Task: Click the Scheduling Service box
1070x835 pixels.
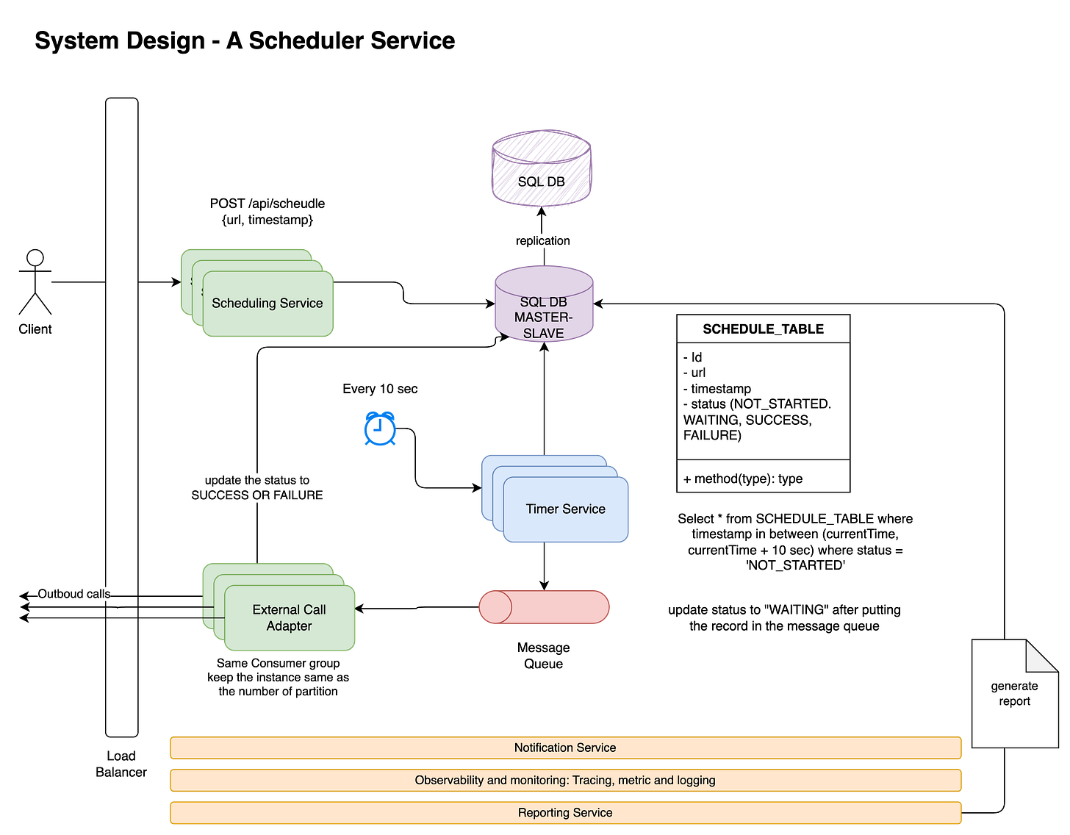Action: (267, 304)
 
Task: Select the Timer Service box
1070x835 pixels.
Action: (565, 509)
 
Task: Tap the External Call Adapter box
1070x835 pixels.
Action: (290, 617)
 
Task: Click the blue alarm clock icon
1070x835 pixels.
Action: (380, 429)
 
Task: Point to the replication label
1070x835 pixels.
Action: (542, 241)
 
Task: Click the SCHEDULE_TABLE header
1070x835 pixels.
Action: (763, 329)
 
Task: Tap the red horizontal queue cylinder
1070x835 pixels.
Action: (544, 607)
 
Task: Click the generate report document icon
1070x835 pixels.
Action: (1014, 694)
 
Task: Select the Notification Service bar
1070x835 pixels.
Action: (565, 748)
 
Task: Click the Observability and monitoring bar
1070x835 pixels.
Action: (565, 780)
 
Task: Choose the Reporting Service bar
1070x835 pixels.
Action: (565, 812)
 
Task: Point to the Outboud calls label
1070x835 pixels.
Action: (73, 594)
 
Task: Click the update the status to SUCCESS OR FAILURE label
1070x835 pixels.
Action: (257, 487)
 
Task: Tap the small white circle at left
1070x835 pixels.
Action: (35, 258)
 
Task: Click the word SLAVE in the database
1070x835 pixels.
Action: (544, 334)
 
